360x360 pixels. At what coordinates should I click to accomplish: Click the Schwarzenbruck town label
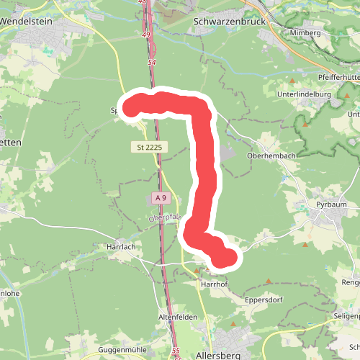(x=230, y=22)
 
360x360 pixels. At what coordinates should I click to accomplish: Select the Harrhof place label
(x=214, y=284)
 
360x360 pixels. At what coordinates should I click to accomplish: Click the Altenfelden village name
(x=177, y=317)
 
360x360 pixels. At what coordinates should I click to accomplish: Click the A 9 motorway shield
(x=161, y=198)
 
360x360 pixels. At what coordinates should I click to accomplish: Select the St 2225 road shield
(x=149, y=147)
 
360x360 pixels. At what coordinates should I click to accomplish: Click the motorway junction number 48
(x=142, y=3)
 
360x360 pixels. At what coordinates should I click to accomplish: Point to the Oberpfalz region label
(x=163, y=217)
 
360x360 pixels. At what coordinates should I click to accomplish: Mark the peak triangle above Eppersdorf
(x=269, y=282)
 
